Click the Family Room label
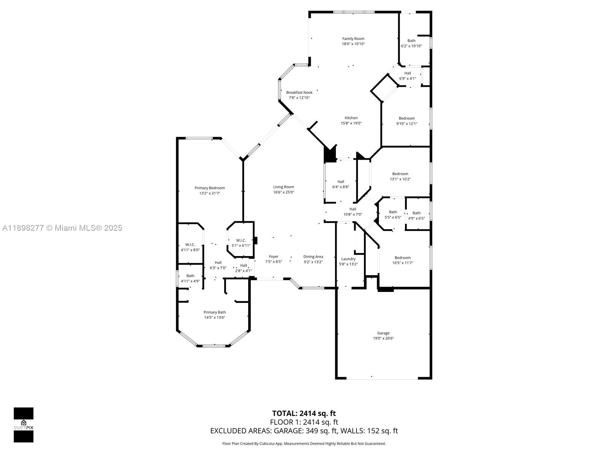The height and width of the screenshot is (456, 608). (353, 38)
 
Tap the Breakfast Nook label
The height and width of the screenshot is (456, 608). (299, 92)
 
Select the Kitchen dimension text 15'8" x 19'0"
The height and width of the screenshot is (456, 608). (351, 123)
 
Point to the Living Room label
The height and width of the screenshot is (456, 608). (283, 187)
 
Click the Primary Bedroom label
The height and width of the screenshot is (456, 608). (209, 188)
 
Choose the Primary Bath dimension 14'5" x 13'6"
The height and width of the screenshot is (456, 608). (214, 317)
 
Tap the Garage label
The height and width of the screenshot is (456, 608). (383, 333)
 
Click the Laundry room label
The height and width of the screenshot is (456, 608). (348, 259)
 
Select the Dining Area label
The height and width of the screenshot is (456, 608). (313, 256)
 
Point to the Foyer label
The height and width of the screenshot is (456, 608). (274, 256)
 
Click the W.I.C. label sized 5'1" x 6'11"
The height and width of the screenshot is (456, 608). (241, 240)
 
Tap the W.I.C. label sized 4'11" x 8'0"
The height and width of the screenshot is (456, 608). (190, 244)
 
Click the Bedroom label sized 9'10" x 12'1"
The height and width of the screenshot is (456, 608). (407, 118)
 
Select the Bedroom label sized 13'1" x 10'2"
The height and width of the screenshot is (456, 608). (400, 174)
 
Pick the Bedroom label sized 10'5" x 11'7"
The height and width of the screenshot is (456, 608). (402, 257)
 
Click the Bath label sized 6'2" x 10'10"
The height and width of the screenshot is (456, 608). (411, 41)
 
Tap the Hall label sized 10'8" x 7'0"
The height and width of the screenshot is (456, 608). (353, 209)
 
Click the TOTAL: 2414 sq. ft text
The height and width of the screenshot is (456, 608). (304, 413)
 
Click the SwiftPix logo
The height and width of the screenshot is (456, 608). (24, 424)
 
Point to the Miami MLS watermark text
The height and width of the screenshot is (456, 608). (62, 228)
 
